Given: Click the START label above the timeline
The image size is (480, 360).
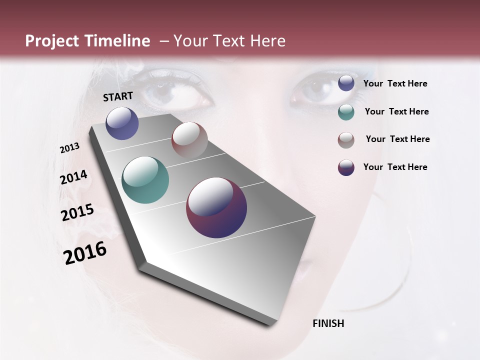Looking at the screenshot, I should click(x=118, y=96).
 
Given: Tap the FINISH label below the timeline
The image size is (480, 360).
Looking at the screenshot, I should click(x=328, y=323).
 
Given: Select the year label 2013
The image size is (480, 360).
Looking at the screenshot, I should click(x=70, y=148).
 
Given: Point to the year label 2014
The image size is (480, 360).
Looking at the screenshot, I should click(x=74, y=177).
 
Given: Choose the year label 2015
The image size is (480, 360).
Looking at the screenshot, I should click(x=77, y=213).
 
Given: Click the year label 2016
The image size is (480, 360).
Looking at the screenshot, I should click(x=85, y=252).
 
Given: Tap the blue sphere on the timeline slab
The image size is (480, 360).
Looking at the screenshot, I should click(x=122, y=123).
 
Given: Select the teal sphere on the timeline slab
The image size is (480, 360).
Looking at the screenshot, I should click(x=145, y=180).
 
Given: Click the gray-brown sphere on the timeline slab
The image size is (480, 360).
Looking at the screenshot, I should click(x=189, y=140).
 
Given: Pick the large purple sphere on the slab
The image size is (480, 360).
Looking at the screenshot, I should click(x=216, y=207).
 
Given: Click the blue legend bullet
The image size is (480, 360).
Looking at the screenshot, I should click(x=346, y=83).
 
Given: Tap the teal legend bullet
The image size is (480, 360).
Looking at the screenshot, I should click(x=346, y=112).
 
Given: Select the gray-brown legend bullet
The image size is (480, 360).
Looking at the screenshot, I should click(x=346, y=140).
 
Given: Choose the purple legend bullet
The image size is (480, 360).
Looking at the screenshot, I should click(x=346, y=167).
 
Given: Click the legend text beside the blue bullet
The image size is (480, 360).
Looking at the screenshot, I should click(x=395, y=84).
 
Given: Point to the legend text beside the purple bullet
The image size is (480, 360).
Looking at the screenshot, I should click(x=395, y=167).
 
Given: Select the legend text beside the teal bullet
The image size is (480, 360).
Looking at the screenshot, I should click(x=396, y=111).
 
